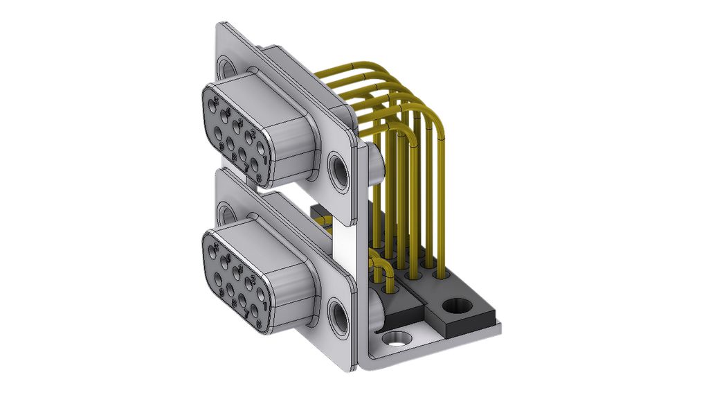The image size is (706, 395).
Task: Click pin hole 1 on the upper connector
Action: [260, 148]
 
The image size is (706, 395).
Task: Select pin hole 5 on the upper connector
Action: [212, 105]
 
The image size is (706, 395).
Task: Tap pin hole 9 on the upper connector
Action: [218, 133]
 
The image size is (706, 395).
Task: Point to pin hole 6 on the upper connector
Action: [255, 164]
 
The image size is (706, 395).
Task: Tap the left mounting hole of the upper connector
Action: [226, 67]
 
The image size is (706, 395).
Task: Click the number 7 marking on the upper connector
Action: [246, 167]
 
